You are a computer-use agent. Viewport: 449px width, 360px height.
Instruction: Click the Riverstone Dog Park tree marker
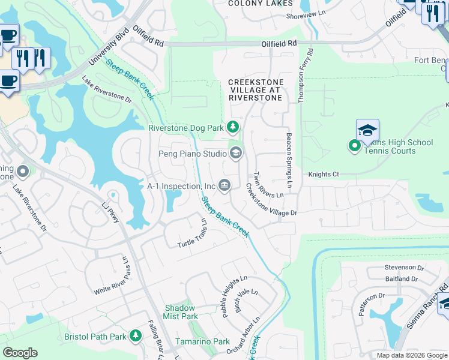click(233, 127)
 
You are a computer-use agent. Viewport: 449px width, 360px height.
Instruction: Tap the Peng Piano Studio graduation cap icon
click(235, 154)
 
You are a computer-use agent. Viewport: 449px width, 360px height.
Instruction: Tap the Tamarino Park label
click(202, 341)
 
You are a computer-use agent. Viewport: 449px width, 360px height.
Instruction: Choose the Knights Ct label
click(324, 175)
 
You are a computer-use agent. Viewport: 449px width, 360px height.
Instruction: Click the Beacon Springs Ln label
click(289, 159)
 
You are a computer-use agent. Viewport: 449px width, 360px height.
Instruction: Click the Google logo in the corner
click(20, 353)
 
